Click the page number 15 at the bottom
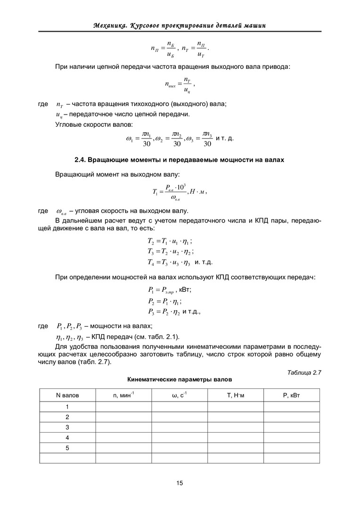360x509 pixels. [x=180, y=483]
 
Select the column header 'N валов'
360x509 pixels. [x=67, y=395]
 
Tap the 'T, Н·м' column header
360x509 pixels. [x=235, y=395]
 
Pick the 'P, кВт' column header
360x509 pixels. [x=291, y=395]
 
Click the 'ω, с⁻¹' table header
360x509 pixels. [x=179, y=395]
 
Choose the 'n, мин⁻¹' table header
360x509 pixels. [x=123, y=395]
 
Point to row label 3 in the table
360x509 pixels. [x=67, y=427]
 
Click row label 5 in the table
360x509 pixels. [x=67, y=448]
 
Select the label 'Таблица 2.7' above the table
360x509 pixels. [x=303, y=372]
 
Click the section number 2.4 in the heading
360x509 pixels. [x=81, y=160]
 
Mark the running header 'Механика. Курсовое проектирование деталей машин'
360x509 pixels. [x=180, y=25]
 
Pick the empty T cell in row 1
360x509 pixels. [x=235, y=406]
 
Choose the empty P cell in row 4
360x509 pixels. [x=291, y=437]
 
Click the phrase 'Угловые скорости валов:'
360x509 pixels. [x=94, y=124]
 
